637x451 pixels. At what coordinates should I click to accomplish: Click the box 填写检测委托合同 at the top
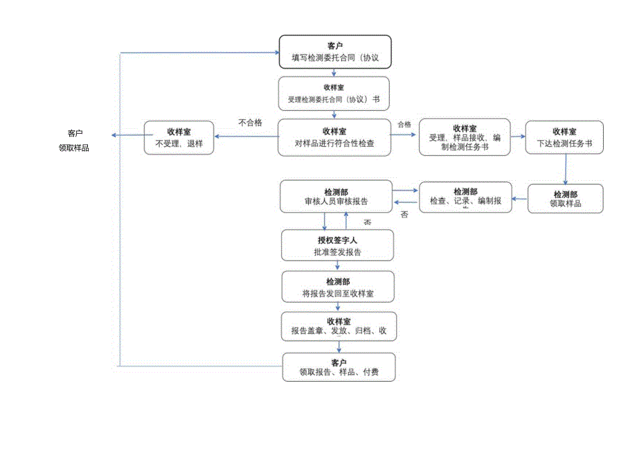point(335,52)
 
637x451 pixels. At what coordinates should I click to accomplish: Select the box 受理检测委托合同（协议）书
point(335,94)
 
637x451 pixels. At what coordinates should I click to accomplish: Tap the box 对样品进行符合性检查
point(335,137)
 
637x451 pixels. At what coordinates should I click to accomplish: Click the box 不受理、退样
point(179,138)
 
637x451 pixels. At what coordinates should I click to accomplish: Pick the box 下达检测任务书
point(564,138)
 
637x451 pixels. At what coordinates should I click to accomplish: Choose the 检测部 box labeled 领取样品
point(565,198)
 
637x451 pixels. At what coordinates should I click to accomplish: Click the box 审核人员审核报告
point(336,197)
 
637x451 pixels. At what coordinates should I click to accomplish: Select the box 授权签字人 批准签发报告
point(338,246)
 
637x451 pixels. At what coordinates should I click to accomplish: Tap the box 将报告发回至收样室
point(338,287)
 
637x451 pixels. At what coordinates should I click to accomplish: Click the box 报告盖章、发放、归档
point(338,327)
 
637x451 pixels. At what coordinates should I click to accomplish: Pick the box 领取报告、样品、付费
point(339,367)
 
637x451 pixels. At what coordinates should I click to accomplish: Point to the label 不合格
point(250,123)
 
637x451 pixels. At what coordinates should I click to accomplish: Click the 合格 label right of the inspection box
point(404,125)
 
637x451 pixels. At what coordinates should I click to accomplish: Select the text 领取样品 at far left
point(74,148)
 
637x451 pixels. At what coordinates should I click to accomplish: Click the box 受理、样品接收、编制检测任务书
point(465,138)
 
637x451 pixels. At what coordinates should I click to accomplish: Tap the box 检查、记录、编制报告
point(465,197)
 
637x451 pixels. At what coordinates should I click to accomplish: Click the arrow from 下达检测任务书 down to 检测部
point(566,168)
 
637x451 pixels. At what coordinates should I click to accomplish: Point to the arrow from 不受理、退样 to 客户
point(127,136)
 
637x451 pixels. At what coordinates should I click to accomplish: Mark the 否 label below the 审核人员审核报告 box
point(368,222)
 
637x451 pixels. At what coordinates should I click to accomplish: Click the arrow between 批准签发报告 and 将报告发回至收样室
point(338,265)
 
